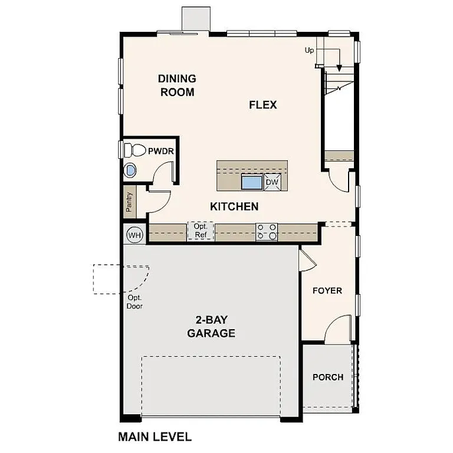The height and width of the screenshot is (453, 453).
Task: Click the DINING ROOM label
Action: click(x=177, y=85)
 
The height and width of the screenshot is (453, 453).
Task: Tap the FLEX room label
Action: click(x=262, y=105)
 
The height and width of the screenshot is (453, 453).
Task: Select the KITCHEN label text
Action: click(x=234, y=206)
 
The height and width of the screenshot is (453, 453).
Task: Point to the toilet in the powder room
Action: click(x=136, y=150)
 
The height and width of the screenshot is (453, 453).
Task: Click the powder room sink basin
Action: click(x=130, y=171)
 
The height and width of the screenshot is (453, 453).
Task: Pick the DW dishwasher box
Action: click(x=272, y=182)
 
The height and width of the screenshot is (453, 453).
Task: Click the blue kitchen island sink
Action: click(x=252, y=182)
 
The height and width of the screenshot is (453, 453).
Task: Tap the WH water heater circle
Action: click(x=135, y=235)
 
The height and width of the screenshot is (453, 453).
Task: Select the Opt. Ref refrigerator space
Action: click(x=200, y=231)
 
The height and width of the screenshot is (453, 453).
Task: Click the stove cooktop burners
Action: click(x=267, y=231)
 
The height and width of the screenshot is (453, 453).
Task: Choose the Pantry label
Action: click(x=129, y=202)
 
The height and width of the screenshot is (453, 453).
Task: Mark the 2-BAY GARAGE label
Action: click(x=211, y=327)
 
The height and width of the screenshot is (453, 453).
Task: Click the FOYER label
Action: click(x=327, y=291)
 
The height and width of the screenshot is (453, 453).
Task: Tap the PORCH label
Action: click(x=328, y=377)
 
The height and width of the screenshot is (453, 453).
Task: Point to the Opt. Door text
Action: click(x=135, y=302)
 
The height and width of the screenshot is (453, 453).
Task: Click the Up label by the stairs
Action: click(x=310, y=50)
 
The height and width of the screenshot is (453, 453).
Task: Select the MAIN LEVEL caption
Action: click(x=155, y=437)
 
